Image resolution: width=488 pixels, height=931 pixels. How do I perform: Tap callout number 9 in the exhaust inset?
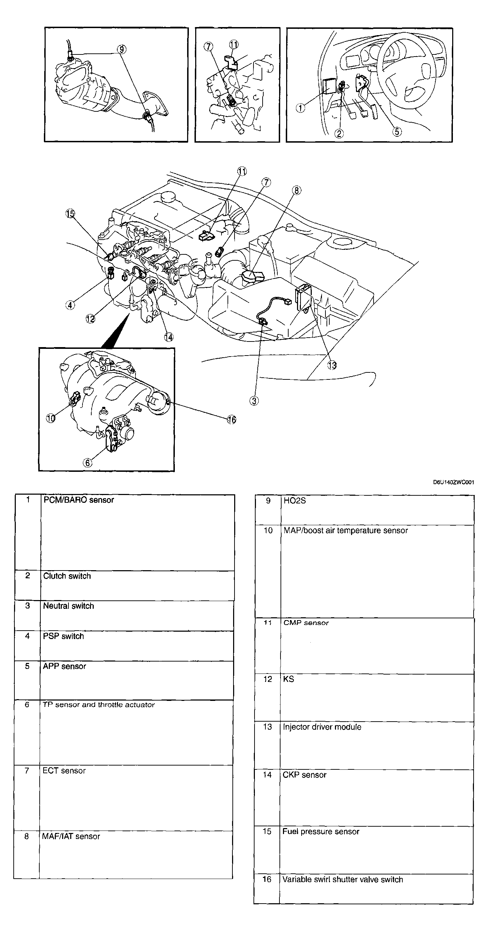click(x=121, y=49)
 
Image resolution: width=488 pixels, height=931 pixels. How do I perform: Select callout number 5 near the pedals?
click(x=397, y=131)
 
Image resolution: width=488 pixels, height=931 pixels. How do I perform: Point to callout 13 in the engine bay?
click(x=332, y=365)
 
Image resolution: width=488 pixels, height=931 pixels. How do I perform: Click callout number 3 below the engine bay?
click(x=254, y=401)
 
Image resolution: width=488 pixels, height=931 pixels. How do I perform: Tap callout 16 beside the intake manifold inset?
click(x=231, y=419)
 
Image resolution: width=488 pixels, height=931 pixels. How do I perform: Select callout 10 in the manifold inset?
click(x=51, y=418)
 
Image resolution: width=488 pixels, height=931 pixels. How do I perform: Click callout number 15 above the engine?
click(x=70, y=214)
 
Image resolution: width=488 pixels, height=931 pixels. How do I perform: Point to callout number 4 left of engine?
click(x=70, y=305)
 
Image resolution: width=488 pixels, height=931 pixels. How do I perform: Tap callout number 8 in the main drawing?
click(x=296, y=190)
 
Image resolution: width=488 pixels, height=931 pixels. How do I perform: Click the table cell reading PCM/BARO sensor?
click(x=78, y=500)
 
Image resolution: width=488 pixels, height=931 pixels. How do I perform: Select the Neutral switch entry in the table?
click(x=68, y=606)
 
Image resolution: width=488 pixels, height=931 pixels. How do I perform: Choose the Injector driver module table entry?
click(x=322, y=727)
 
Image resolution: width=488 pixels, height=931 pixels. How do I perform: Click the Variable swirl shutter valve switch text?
click(x=342, y=879)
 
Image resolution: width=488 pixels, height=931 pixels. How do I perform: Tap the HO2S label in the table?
click(x=295, y=501)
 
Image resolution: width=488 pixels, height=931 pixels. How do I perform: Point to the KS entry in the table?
click(x=288, y=679)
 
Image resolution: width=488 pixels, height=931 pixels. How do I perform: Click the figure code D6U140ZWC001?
click(x=453, y=482)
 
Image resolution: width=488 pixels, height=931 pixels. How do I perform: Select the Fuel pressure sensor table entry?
click(x=321, y=831)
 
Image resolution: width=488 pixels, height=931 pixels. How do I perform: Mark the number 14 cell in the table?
click(x=267, y=775)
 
